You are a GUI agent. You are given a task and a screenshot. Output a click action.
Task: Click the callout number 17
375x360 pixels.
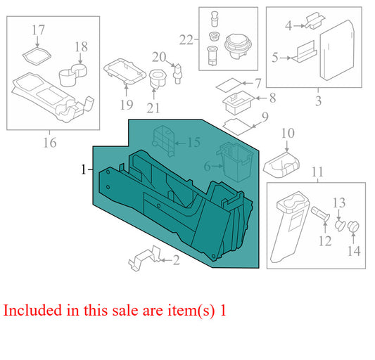(38, 30)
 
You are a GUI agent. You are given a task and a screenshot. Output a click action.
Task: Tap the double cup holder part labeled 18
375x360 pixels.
(73, 75)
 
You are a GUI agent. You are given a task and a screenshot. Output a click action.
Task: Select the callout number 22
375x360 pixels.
(186, 39)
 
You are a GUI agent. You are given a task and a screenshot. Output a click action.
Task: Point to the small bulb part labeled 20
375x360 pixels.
(177, 74)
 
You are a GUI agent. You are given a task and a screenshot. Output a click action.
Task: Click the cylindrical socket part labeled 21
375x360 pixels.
(158, 79)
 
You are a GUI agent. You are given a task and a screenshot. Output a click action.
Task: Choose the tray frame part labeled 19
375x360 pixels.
(125, 72)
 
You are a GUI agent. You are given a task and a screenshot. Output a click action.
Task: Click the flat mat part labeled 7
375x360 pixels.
(229, 85)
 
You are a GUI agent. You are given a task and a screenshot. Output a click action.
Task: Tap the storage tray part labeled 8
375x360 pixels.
(239, 103)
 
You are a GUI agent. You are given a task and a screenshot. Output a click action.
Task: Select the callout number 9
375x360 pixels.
(265, 117)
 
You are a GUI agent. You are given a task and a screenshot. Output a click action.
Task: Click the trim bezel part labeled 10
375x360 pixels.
(281, 165)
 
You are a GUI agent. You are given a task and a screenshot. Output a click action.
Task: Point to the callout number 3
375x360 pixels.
(318, 101)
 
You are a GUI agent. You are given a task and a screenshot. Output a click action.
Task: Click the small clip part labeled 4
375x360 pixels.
(314, 21)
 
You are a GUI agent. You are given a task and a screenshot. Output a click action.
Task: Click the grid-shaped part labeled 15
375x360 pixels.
(163, 141)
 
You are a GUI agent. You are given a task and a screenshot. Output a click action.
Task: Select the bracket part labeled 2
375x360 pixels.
(146, 257)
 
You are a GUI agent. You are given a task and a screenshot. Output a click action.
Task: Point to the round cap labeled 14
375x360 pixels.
(353, 227)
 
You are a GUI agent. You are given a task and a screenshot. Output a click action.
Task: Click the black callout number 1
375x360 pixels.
(83, 169)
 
